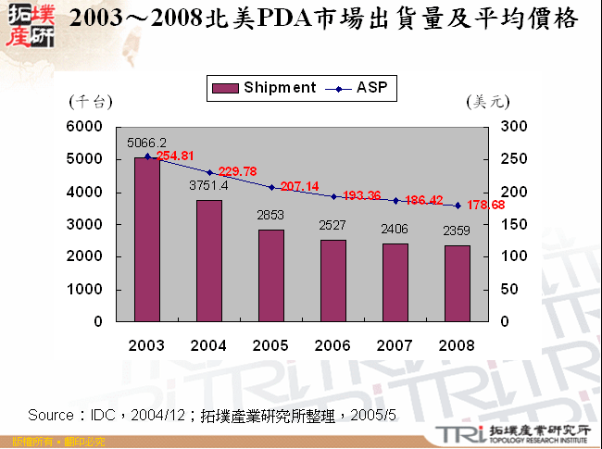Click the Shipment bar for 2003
click(x=147, y=240)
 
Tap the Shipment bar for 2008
click(x=458, y=283)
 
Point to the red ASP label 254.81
click(x=175, y=156)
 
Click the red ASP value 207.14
click(x=299, y=186)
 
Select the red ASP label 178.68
click(x=485, y=205)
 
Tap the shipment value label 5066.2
click(x=147, y=142)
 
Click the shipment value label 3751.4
click(x=209, y=185)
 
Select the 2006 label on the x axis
click(x=333, y=344)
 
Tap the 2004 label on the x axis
click(x=209, y=344)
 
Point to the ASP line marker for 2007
click(x=395, y=200)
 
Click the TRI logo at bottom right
click(x=451, y=433)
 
